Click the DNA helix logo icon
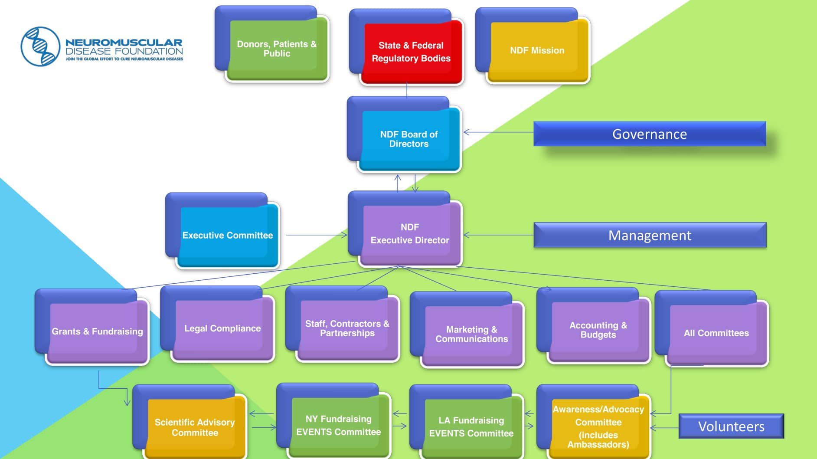[40, 46]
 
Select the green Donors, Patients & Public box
[272, 44]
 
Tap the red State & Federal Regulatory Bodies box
[406, 47]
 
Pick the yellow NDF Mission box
[533, 46]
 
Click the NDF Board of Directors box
[404, 134]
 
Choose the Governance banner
[650, 134]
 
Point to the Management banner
[650, 235]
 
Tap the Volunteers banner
[731, 426]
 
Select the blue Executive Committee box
[223, 231]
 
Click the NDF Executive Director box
[405, 229]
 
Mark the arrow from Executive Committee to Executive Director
[317, 235]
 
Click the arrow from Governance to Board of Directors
[498, 132]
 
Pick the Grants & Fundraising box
[92, 327]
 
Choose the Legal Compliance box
[218, 324]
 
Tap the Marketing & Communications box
[467, 330]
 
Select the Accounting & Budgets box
[594, 326]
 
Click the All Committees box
[712, 329]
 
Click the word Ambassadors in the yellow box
[598, 445]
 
